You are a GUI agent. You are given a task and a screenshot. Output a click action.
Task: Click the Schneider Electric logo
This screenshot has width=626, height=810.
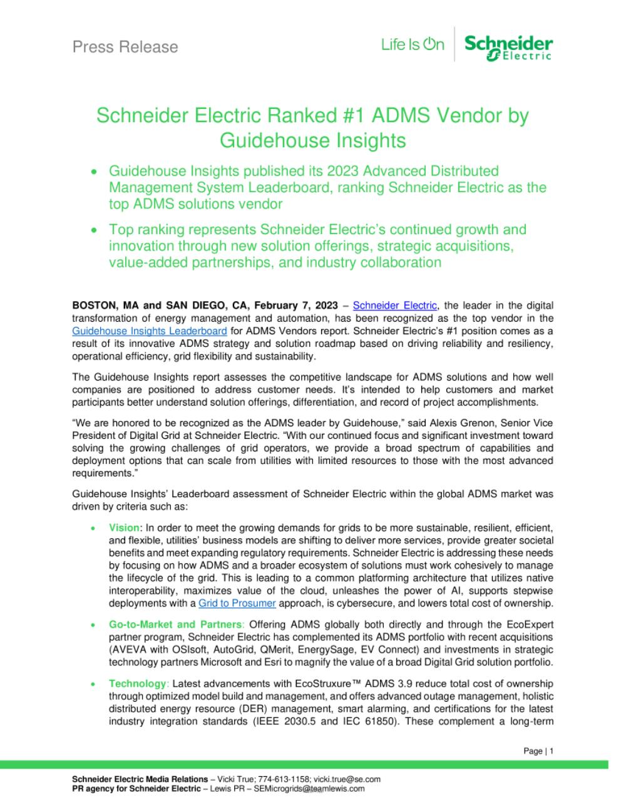(x=508, y=47)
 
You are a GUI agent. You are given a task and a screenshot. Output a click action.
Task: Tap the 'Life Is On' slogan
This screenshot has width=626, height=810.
(x=413, y=45)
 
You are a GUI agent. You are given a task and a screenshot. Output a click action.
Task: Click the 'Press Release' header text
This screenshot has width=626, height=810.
(x=125, y=47)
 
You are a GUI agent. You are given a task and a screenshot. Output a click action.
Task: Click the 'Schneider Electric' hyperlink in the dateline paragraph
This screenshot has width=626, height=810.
(x=395, y=305)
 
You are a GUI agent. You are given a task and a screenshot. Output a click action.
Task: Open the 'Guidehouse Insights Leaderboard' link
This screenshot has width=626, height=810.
(x=141, y=331)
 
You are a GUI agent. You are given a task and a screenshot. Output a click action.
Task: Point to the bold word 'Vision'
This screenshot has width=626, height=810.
(x=124, y=528)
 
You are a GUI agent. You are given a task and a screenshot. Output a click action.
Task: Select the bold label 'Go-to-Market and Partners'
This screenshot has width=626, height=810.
(x=175, y=624)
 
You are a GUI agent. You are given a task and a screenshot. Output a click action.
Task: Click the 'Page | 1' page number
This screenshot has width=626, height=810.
(x=538, y=751)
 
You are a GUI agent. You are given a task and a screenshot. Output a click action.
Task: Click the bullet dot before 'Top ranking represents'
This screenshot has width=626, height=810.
(x=95, y=230)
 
